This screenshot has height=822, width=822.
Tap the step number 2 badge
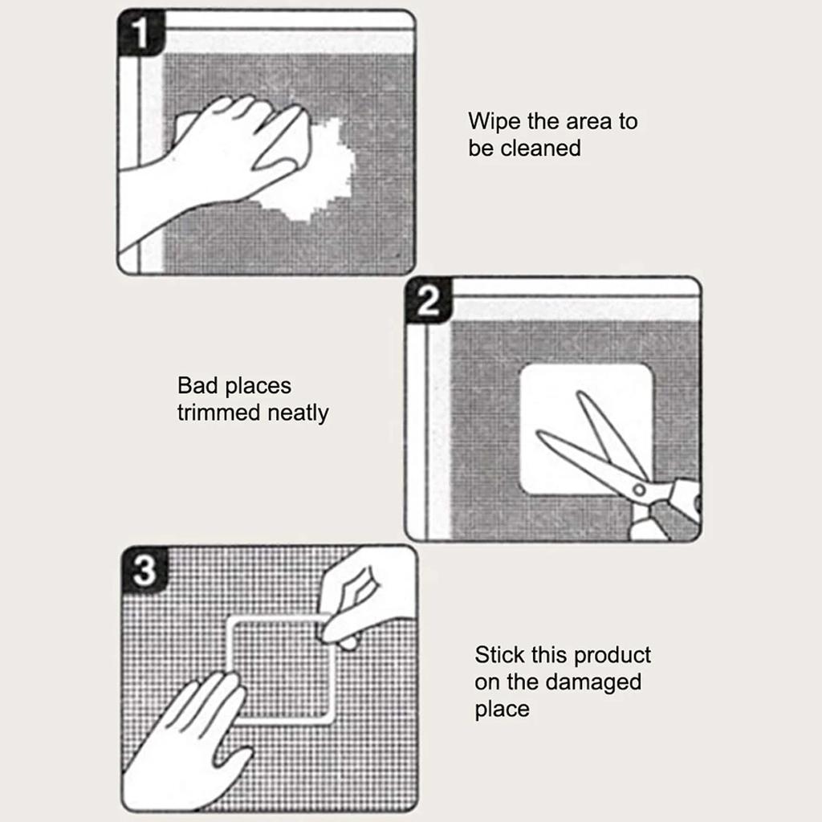(429, 302)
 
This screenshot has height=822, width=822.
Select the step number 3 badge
(144, 572)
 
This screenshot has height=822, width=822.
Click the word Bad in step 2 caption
(197, 386)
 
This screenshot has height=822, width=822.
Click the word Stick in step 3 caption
(498, 654)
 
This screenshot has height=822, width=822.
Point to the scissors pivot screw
(639, 489)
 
